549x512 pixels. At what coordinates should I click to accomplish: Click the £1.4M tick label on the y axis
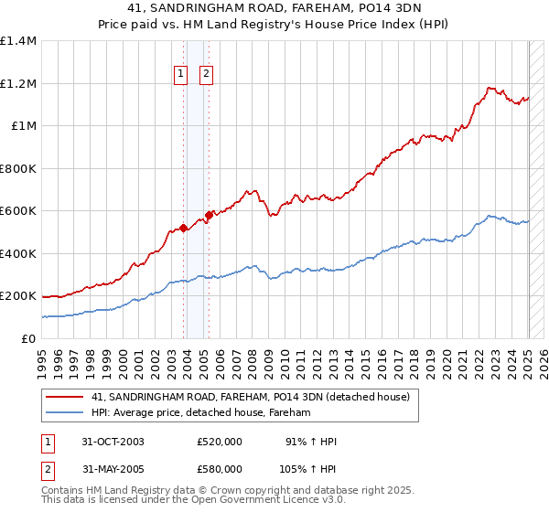click(x=18, y=41)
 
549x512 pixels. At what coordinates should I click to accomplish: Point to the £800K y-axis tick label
click(x=18, y=168)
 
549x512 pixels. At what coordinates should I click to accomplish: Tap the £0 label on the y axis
click(x=27, y=338)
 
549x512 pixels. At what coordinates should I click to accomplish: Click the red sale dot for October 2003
click(x=184, y=229)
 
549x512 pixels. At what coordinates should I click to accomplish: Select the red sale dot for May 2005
click(x=210, y=216)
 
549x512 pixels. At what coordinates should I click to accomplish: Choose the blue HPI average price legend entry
click(x=201, y=413)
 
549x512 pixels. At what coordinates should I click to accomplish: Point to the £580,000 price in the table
click(x=220, y=469)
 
